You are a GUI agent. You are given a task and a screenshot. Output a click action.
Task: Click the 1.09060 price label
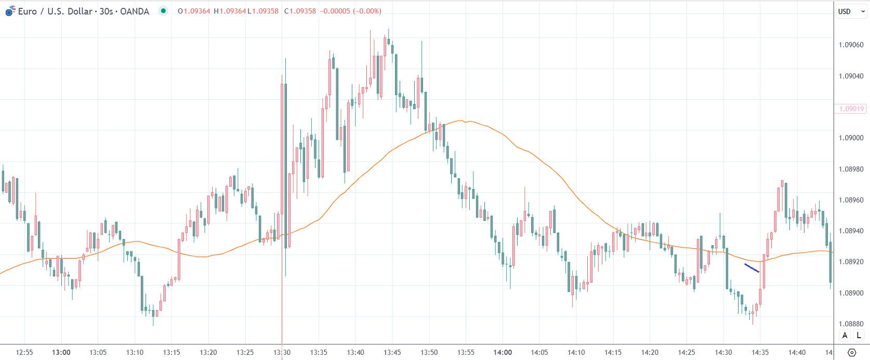pyautogui.click(x=851, y=45)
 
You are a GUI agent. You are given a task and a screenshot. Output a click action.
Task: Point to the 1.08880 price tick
pyautogui.click(x=851, y=324)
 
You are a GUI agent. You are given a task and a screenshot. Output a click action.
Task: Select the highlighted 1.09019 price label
pyautogui.click(x=851, y=109)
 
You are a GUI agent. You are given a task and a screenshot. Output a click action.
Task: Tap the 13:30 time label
pyautogui.click(x=282, y=352)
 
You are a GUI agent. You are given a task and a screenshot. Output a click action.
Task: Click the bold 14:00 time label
pyautogui.click(x=503, y=352)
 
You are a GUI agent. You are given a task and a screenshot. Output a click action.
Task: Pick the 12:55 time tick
pyautogui.click(x=24, y=352)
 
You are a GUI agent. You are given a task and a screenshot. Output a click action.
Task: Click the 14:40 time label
pyautogui.click(x=797, y=352)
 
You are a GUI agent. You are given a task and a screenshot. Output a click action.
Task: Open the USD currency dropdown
pyautogui.click(x=851, y=11)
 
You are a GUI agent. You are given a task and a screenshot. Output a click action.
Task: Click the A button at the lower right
pyautogui.click(x=845, y=336)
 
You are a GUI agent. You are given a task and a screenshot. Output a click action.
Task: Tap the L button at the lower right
pyautogui.click(x=859, y=336)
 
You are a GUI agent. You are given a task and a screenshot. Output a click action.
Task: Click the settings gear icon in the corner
pyautogui.click(x=851, y=353)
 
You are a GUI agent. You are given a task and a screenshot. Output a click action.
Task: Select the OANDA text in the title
pyautogui.click(x=134, y=11)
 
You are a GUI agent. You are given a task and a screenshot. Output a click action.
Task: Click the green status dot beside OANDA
pyautogui.click(x=163, y=11)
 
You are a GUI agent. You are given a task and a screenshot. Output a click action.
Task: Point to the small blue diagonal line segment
pyautogui.click(x=752, y=268)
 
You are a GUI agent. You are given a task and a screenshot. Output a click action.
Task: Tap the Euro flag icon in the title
pyautogui.click(x=10, y=11)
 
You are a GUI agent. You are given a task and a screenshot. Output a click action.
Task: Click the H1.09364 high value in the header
pyautogui.click(x=230, y=11)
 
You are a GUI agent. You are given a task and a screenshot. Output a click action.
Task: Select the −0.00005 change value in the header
pyautogui.click(x=334, y=11)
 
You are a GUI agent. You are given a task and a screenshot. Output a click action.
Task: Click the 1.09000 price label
pyautogui.click(x=851, y=138)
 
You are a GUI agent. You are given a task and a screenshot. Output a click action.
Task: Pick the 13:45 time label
pyautogui.click(x=392, y=352)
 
